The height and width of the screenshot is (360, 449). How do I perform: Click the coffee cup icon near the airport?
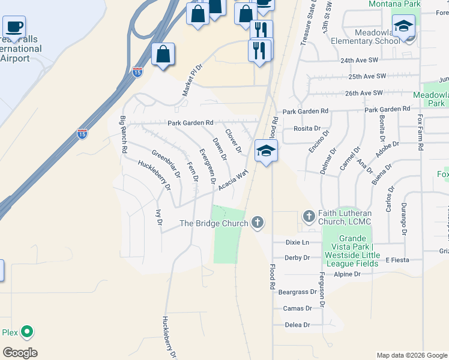pyautogui.click(x=14, y=27)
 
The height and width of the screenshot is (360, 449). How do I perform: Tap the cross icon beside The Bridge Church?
pyautogui.click(x=258, y=223)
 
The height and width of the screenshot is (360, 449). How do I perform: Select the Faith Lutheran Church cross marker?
pyautogui.click(x=309, y=216)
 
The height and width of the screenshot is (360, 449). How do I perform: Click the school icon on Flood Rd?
pyautogui.click(x=266, y=151)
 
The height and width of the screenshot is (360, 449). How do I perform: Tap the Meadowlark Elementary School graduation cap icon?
pyautogui.click(x=404, y=28)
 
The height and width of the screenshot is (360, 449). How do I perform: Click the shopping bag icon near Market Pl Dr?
pyautogui.click(x=163, y=54)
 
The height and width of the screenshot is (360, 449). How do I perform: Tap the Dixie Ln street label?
pyautogui.click(x=297, y=242)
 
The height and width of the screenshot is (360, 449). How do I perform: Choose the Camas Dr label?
pyautogui.click(x=297, y=308)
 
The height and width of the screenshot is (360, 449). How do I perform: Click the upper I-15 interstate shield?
pyautogui.click(x=137, y=72)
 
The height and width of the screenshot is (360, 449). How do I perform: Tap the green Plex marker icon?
pyautogui.click(x=26, y=331)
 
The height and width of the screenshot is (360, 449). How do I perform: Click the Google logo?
pyautogui.click(x=20, y=353)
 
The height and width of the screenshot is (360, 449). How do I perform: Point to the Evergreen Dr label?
pyautogui.click(x=208, y=166)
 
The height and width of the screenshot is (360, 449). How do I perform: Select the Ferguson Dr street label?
pyautogui.click(x=322, y=290)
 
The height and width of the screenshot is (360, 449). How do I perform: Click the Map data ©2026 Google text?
pyautogui.click(x=411, y=355)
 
